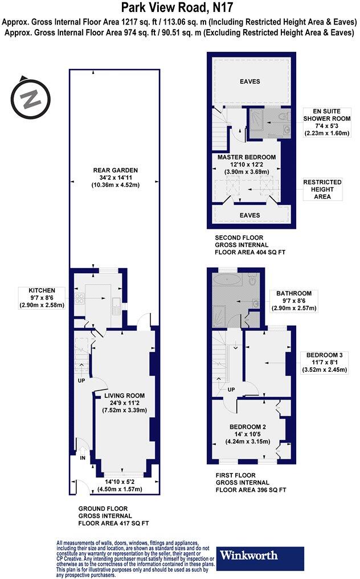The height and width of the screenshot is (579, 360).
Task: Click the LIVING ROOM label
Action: click(x=124, y=395)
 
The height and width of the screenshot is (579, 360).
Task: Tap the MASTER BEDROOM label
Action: click(x=247, y=157)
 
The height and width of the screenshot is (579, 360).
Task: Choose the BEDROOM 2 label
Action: click(x=248, y=427)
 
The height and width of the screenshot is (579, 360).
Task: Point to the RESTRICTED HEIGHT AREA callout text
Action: click(x=322, y=189)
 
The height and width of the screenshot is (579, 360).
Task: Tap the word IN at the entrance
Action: click(x=82, y=457)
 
